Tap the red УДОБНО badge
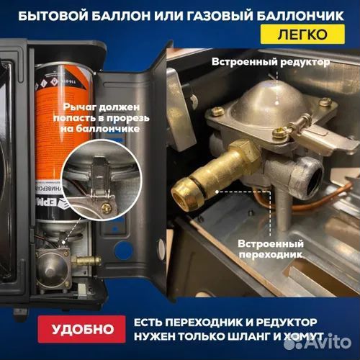(x=84, y=330)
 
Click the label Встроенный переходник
(x=268, y=249)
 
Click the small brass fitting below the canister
(x=85, y=258)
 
